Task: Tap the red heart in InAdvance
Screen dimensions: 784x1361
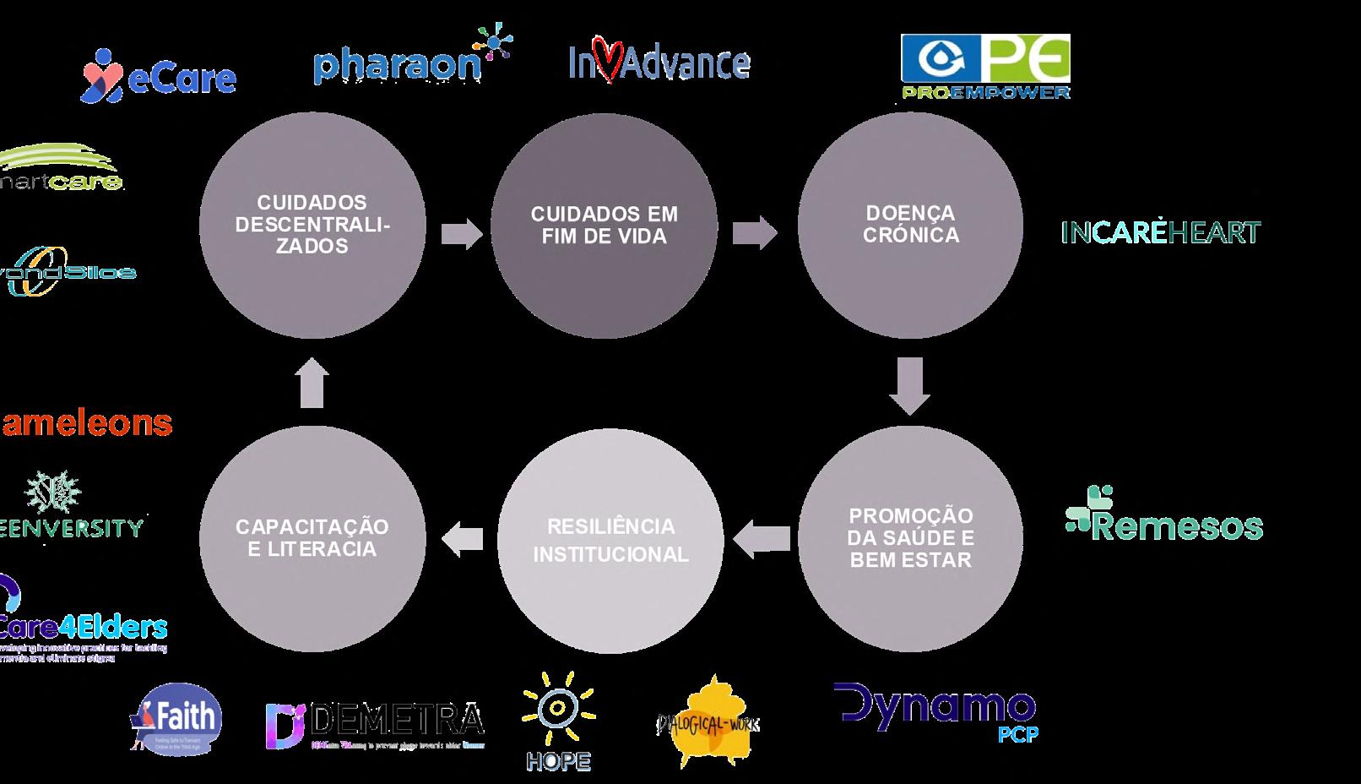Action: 609,59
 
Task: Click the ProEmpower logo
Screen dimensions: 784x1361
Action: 984,67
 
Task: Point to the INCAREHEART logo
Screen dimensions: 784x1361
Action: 1160,232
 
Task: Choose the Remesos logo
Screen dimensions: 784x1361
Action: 1164,514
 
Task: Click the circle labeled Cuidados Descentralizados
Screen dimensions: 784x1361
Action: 312,225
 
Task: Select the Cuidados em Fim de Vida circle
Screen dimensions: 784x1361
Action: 604,225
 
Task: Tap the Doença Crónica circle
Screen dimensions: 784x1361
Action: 910,225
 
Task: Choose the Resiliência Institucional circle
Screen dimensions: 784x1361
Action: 610,540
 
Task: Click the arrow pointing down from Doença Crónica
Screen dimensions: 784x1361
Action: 910,385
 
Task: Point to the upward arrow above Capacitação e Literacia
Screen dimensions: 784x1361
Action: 312,382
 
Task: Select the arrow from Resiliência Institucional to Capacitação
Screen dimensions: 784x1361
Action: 463,539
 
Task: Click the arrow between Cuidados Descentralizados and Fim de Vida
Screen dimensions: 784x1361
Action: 461,232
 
